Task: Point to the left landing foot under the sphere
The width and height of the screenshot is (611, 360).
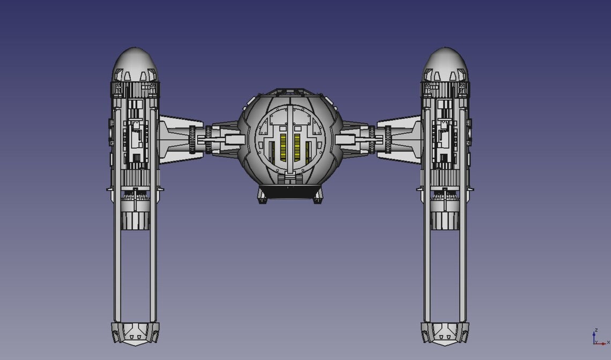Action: [263, 200]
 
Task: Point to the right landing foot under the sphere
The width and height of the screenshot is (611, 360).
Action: [317, 200]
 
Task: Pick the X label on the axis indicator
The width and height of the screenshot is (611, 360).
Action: [608, 342]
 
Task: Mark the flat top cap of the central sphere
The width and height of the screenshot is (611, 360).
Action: [290, 92]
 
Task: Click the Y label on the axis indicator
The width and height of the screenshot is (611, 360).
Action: [596, 341]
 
